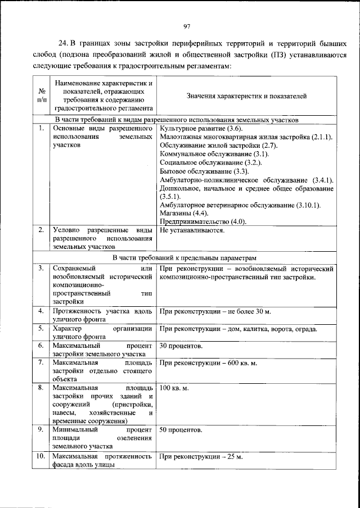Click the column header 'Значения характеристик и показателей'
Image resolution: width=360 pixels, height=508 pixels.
point(246,96)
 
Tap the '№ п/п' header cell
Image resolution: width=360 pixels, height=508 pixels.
point(41,96)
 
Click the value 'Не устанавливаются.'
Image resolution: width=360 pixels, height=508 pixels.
point(192,230)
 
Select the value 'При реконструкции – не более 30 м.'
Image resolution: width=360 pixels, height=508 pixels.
point(215,311)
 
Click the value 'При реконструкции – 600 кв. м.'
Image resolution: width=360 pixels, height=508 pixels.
point(208,362)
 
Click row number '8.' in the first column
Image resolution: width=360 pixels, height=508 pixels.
point(40,388)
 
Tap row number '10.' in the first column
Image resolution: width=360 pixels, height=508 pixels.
point(40,456)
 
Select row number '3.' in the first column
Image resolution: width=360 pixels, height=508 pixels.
point(40,269)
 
